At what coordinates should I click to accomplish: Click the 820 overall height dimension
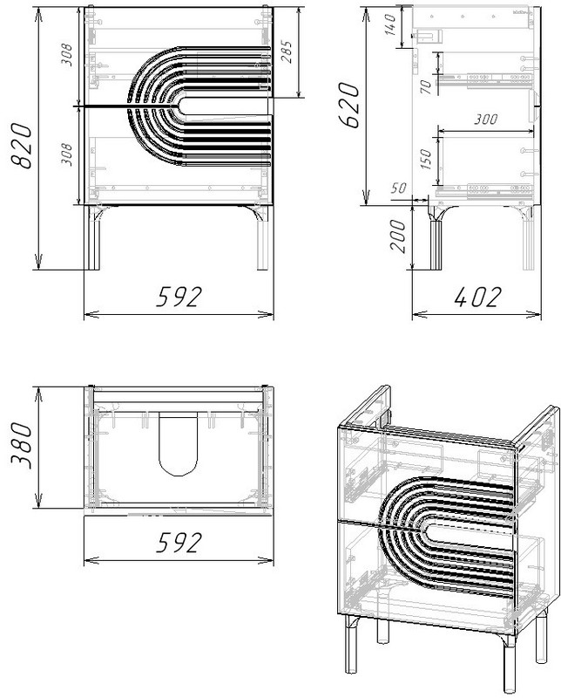(x=21, y=146)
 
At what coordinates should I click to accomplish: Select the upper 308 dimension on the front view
(x=66, y=54)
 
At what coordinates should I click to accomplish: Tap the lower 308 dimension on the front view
(x=66, y=154)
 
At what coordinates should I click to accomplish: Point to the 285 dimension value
(x=287, y=51)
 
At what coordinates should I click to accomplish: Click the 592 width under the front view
(x=179, y=297)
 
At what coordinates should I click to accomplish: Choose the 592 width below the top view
(x=179, y=542)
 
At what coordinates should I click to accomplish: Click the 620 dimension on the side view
(x=348, y=105)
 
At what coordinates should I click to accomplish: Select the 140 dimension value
(x=389, y=25)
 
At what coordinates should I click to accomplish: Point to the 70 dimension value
(x=425, y=86)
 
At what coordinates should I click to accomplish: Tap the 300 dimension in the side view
(x=485, y=120)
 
